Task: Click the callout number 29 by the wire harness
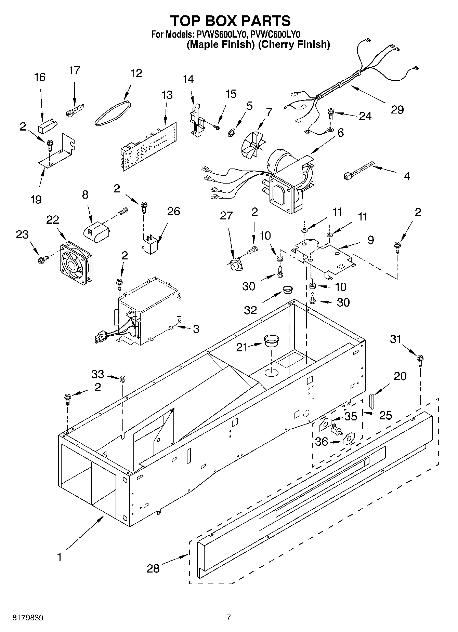(x=397, y=110)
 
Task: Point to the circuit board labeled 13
(x=149, y=146)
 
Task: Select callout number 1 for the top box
(x=60, y=557)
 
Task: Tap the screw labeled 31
(x=420, y=361)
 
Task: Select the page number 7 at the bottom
(x=228, y=617)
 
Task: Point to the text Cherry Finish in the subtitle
(x=294, y=44)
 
